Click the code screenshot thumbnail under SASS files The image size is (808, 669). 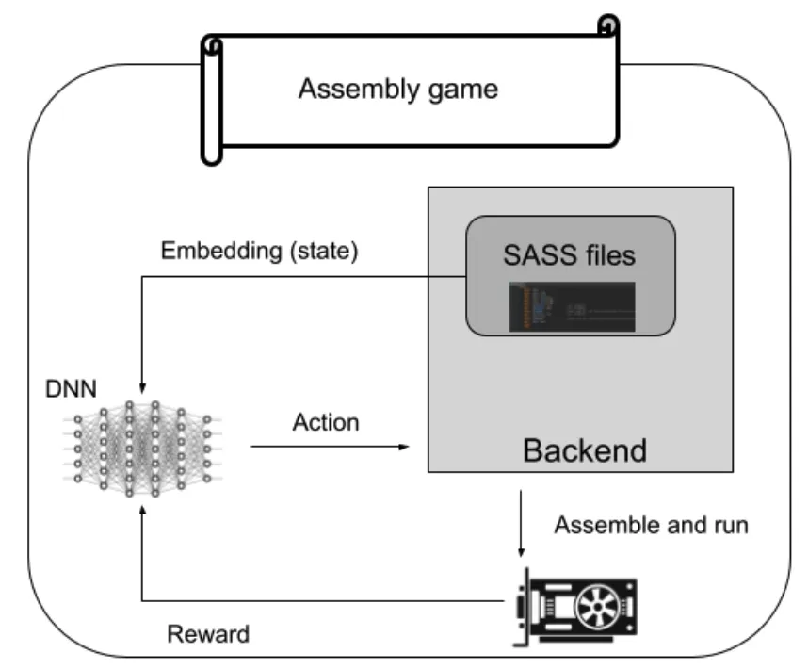(x=572, y=305)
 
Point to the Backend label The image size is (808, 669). (x=584, y=449)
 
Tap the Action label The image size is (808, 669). (x=327, y=421)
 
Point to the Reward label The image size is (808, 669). (x=208, y=633)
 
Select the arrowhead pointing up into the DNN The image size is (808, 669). (x=141, y=510)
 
